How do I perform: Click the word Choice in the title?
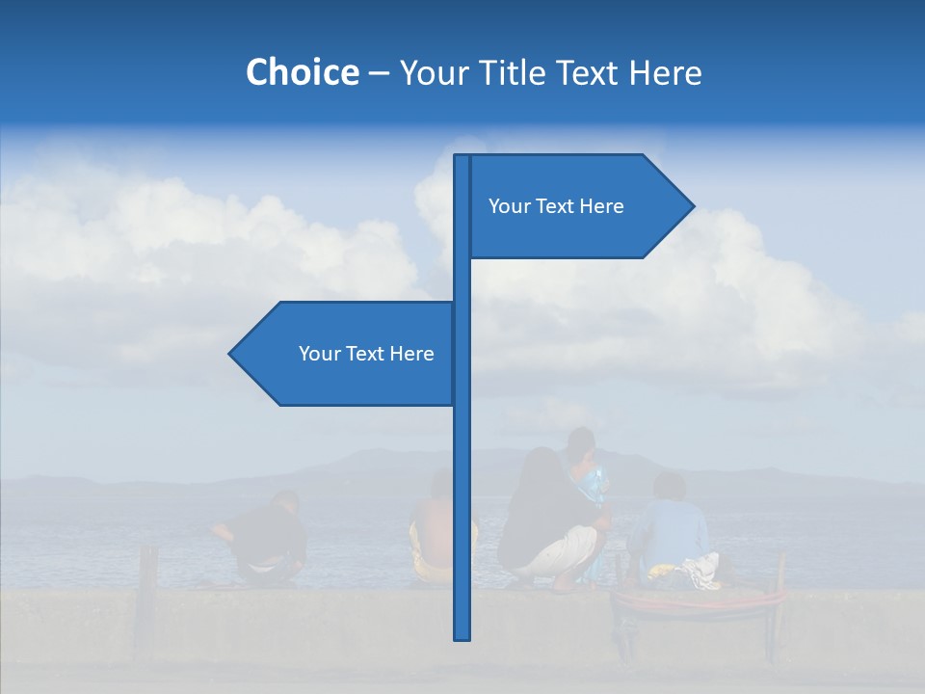(302, 72)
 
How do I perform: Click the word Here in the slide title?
(665, 72)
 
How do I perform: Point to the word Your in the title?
(433, 72)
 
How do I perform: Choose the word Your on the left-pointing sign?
(319, 354)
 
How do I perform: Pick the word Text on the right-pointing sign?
(555, 206)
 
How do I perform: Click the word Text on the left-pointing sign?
(365, 354)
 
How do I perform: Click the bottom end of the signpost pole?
(462, 635)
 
